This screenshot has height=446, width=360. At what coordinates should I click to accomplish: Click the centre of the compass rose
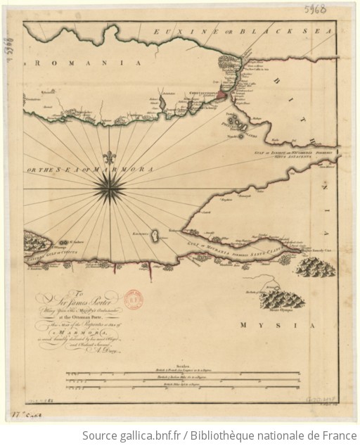click(x=112, y=185)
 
